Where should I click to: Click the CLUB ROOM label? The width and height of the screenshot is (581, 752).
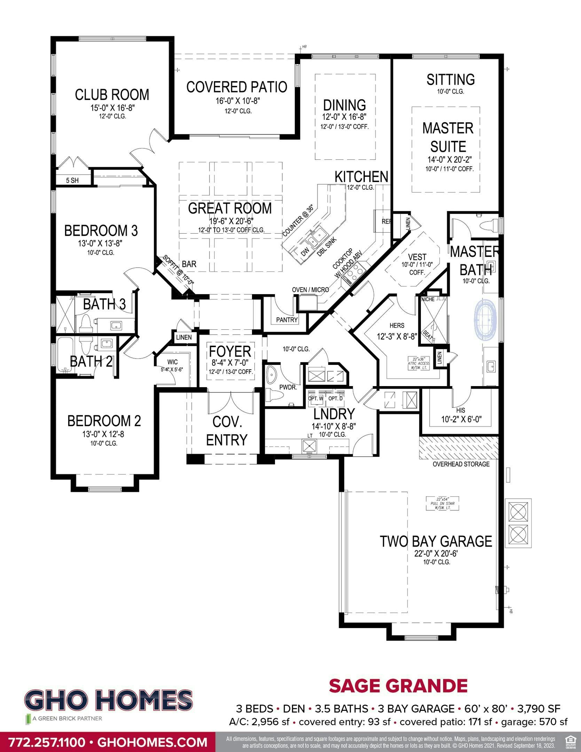(x=112, y=95)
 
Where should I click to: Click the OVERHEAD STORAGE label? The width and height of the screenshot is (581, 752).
(x=461, y=464)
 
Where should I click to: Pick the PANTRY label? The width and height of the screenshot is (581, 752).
(x=287, y=320)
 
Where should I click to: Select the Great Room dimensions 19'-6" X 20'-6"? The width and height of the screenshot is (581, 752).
(x=230, y=221)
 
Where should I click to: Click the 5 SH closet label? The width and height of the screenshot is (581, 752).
(x=72, y=180)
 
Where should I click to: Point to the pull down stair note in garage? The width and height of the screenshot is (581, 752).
(x=443, y=504)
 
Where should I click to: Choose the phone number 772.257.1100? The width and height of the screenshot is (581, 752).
(x=47, y=742)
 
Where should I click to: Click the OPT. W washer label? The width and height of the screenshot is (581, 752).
(x=316, y=398)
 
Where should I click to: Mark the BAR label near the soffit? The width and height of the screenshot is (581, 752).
(x=189, y=264)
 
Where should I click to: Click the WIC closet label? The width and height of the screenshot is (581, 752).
(x=172, y=362)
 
